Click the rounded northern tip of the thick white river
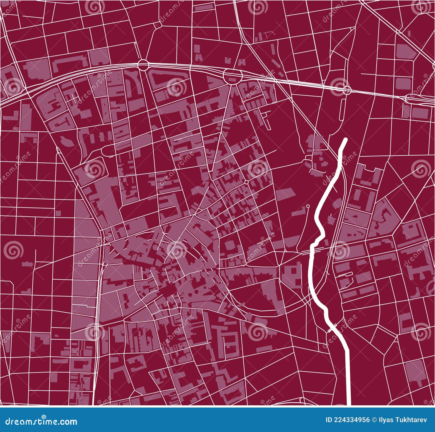click(346, 140)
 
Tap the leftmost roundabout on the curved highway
click(143, 65)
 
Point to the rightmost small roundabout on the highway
click(346, 89)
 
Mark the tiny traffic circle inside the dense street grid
click(246, 182)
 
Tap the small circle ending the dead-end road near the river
click(308, 206)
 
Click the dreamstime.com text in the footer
click(41, 421)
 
